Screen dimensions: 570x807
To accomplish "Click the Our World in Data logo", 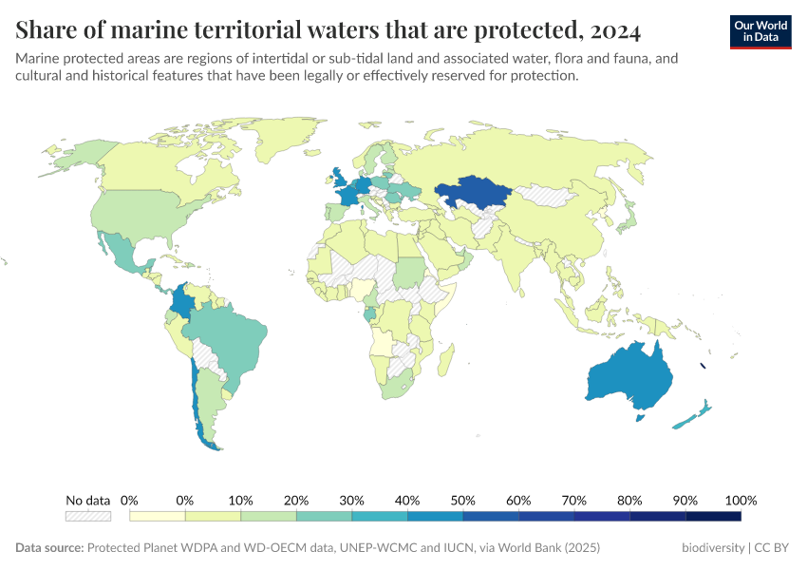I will coord(760,31).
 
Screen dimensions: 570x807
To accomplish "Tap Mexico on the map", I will coord(123,252).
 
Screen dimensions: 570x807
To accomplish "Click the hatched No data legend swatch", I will coord(87,516).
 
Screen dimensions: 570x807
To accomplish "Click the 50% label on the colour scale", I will coord(462,501).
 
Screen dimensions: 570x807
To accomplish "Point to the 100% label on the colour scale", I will coord(741,501).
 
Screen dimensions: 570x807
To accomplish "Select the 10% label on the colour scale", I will coord(240,501).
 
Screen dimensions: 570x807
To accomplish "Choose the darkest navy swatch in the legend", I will coord(713,516).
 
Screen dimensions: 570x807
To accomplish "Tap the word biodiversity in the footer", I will coord(713,548).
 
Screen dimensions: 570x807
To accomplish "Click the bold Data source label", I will coord(49,548).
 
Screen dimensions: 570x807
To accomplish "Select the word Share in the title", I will coord(46,31).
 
